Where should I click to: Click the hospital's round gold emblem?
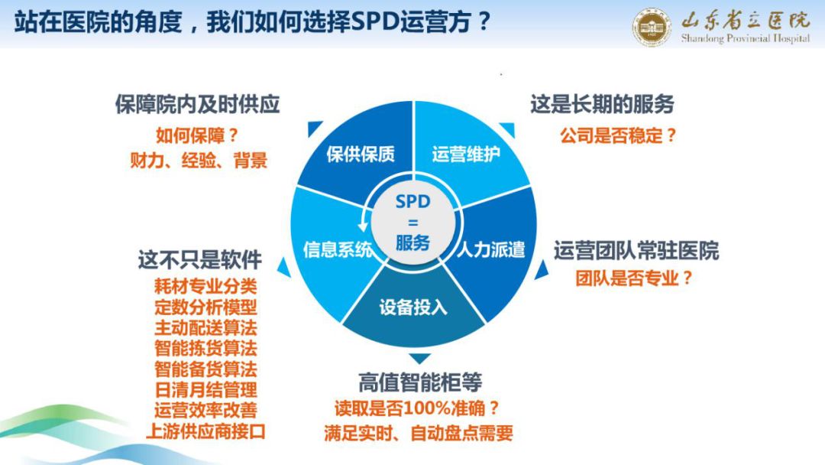652,27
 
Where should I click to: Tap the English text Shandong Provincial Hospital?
745,38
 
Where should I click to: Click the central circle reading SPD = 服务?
413,223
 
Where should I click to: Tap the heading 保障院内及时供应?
197,104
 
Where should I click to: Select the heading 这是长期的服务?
602,104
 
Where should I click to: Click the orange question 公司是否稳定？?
619,136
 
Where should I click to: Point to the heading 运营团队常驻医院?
636,251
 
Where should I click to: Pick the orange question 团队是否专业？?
635,278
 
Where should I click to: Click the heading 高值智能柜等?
420,382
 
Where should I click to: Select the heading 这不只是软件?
200,259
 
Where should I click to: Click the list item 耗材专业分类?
205,287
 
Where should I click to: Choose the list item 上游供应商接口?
205,431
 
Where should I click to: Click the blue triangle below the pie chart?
419,359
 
